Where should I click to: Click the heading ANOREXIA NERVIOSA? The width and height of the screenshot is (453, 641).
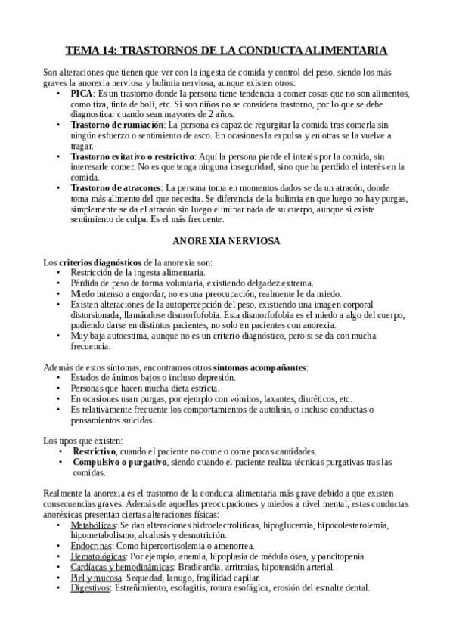click(x=226, y=243)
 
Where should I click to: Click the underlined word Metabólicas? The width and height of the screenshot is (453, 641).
click(x=93, y=525)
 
